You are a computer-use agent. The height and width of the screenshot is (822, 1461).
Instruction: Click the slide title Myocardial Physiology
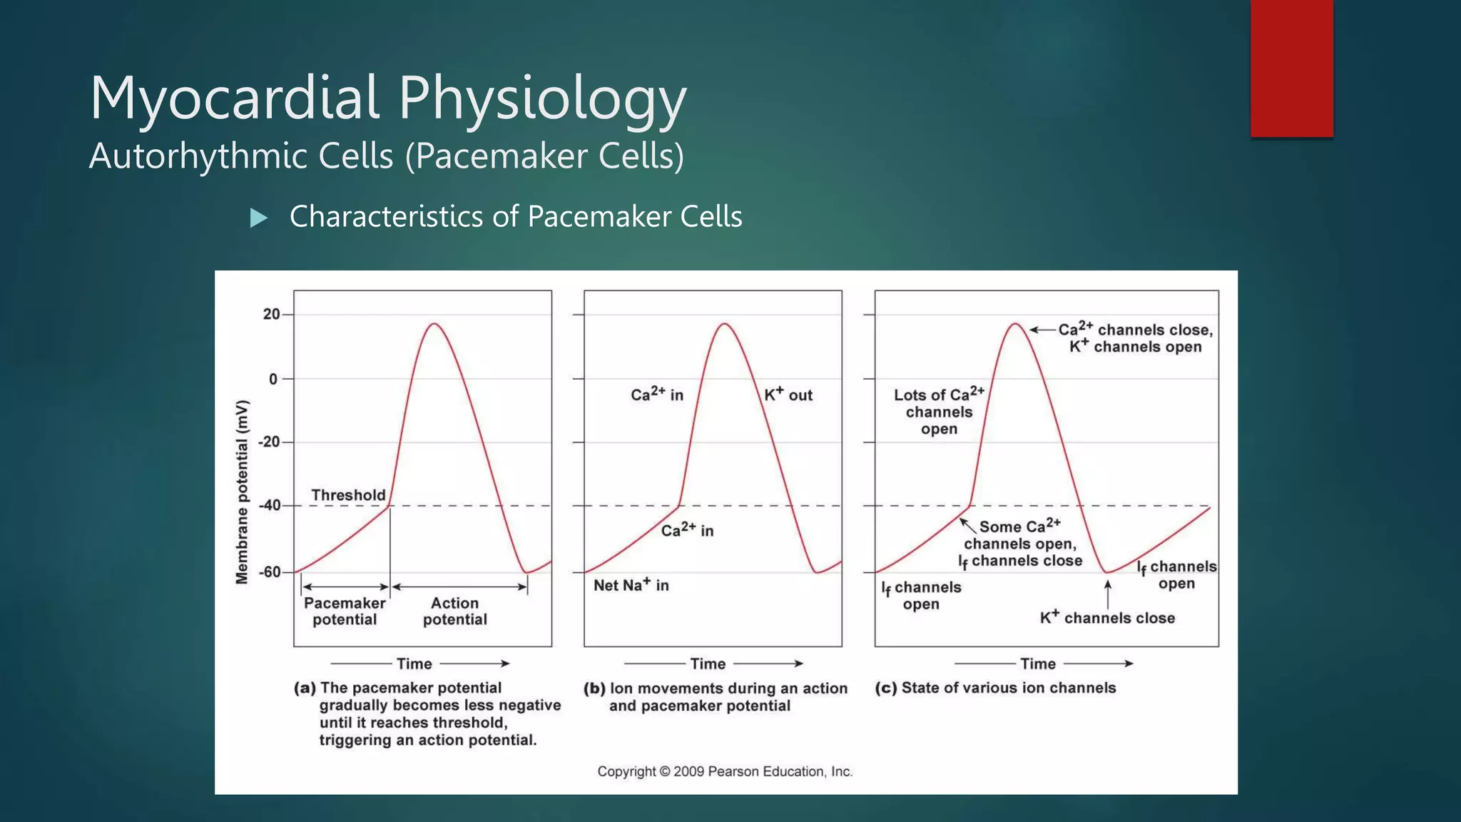(387, 98)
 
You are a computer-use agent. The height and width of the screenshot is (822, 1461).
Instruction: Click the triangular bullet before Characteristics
(259, 218)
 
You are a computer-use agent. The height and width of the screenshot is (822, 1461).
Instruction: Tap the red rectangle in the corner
(1291, 68)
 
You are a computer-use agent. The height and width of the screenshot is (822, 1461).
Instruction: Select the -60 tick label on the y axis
(269, 572)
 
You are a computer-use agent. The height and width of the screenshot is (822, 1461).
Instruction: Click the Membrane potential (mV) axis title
(243, 492)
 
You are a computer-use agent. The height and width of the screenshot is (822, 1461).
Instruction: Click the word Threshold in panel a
(348, 494)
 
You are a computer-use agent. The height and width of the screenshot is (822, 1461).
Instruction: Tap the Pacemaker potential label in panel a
(345, 612)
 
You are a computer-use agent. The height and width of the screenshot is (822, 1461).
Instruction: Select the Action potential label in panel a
(455, 612)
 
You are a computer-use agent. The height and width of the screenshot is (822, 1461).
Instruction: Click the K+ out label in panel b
(788, 395)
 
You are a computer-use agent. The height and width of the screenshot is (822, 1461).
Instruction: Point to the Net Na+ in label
(631, 585)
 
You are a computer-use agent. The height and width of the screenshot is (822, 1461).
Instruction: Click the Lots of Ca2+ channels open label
(939, 412)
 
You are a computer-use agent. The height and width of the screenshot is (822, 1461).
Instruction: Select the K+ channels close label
(1107, 618)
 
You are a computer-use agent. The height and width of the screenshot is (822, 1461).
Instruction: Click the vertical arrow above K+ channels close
(1108, 594)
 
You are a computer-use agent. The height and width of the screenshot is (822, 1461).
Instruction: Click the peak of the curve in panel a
(434, 324)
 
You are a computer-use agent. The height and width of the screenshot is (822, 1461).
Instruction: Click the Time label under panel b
(708, 664)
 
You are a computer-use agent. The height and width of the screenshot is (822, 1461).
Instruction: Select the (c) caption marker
(886, 688)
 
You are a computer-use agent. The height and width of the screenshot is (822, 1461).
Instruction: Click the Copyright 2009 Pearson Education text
(725, 771)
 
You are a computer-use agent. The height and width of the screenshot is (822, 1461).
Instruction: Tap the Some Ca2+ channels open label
(1020, 544)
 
